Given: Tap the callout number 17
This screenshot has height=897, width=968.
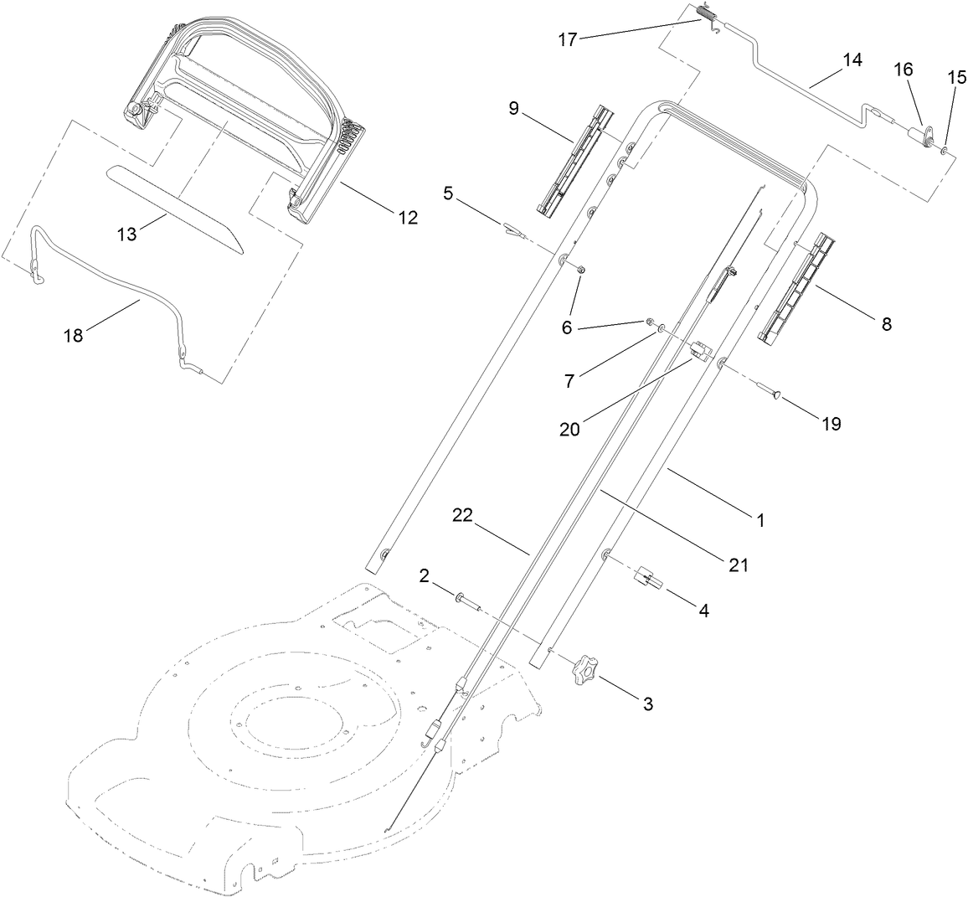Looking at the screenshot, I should pyautogui.click(x=568, y=39).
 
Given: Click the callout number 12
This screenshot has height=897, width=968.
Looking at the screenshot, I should pyautogui.click(x=408, y=218).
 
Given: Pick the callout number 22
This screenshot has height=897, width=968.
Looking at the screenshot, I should pyautogui.click(x=465, y=516).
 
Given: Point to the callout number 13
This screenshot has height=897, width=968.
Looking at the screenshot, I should pyautogui.click(x=126, y=235).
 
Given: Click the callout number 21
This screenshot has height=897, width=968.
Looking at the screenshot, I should pyautogui.click(x=737, y=565).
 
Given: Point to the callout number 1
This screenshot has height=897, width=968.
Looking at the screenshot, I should pyautogui.click(x=760, y=520).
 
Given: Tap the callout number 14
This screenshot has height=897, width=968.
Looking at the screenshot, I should pyautogui.click(x=852, y=59).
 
